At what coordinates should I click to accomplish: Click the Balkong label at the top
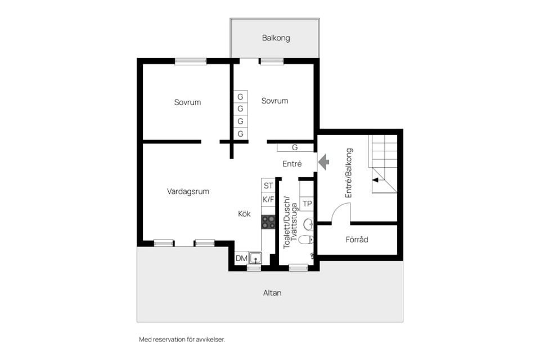276,38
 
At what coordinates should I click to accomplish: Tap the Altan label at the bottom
272,293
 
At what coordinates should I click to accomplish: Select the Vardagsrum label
188,191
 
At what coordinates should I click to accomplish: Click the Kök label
244,214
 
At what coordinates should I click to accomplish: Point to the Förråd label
357,240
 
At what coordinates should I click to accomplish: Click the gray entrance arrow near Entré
323,163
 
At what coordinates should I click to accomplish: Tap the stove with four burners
268,222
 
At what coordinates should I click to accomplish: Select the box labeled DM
241,259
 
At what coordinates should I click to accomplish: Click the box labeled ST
268,185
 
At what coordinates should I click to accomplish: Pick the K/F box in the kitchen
268,199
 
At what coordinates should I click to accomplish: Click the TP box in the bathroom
307,203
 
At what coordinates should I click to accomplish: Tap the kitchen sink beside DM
255,259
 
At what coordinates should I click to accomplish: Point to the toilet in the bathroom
305,240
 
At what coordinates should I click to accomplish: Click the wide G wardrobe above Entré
295,147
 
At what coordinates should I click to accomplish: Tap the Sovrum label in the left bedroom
187,102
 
